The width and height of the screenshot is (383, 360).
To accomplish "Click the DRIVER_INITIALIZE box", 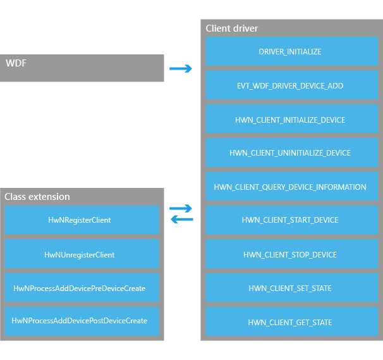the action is (291, 51).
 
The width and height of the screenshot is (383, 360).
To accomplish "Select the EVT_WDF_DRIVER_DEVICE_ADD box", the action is (291, 85).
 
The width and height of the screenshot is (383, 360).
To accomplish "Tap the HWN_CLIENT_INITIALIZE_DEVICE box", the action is (291, 118).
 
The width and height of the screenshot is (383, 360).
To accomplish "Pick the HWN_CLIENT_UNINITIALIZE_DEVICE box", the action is (291, 152).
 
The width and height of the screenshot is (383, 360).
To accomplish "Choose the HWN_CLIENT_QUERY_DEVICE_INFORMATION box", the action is (291, 186).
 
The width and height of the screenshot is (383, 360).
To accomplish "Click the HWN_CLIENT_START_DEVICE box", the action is (291, 220).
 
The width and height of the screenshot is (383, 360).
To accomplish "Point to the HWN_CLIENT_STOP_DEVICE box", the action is (291, 254).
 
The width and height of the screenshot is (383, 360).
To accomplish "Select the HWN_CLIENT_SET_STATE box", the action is (291, 288).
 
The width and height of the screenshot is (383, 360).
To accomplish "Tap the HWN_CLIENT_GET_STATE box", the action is (291, 321).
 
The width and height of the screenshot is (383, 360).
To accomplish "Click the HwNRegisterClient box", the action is (82, 220).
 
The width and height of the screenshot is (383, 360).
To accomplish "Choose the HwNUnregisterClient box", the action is (82, 254).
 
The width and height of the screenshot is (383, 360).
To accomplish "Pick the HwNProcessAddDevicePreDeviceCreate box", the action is (82, 288).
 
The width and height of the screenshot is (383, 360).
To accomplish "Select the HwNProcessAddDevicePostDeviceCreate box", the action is (82, 321).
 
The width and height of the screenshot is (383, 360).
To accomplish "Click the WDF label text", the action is (16, 63).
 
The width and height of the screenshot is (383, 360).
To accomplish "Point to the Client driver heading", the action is (231, 28).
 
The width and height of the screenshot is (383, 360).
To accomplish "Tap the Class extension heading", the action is (37, 197).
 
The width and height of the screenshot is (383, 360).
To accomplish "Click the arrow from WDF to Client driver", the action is (181, 68).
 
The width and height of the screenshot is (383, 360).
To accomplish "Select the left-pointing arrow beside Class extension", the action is (182, 219).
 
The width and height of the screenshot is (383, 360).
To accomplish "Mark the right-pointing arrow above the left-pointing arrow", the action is (181, 208).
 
